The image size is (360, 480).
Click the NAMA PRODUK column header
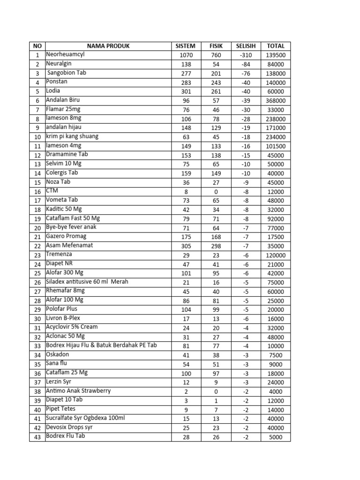click(108, 46)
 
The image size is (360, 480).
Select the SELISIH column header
click(246, 46)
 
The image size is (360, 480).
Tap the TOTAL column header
click(276, 46)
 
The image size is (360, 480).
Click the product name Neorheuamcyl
click(65, 54)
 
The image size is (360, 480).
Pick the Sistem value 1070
click(186, 55)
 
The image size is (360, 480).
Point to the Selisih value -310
click(246, 55)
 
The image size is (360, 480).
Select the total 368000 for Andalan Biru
click(276, 101)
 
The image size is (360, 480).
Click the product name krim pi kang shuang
click(72, 136)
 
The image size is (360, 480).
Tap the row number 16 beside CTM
click(37, 192)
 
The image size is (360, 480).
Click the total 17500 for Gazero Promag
click(276, 237)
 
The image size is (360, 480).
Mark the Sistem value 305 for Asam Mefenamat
click(186, 246)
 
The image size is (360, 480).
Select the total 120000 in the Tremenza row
click(276, 255)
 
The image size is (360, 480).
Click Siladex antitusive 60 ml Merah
click(87, 282)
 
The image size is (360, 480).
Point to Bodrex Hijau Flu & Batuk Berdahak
click(101, 345)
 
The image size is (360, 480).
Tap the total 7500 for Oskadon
click(276, 355)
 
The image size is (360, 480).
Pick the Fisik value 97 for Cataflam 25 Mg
click(216, 374)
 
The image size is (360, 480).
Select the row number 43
click(37, 437)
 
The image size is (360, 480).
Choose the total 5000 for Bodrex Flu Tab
click(276, 437)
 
